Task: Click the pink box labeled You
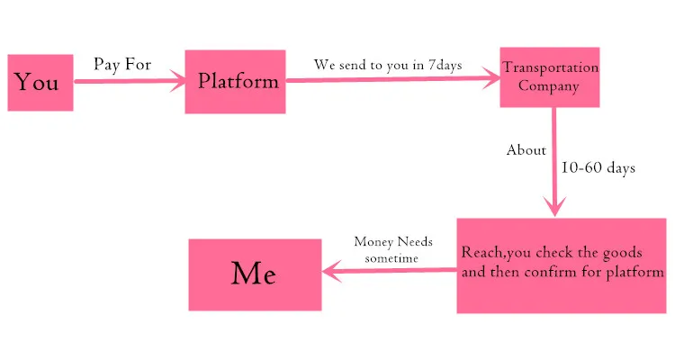(x=40, y=83)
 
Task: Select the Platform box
(x=236, y=81)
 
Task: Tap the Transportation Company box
(x=549, y=76)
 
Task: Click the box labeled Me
(x=254, y=274)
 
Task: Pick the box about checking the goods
(x=562, y=265)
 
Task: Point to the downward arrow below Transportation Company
(x=553, y=162)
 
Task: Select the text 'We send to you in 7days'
(x=388, y=65)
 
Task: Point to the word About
(x=526, y=150)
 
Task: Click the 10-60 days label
(x=598, y=167)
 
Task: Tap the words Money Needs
(x=393, y=241)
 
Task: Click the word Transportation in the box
(x=550, y=67)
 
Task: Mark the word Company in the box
(x=549, y=86)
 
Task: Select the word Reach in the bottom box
(x=480, y=252)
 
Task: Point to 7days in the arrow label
(x=445, y=65)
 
